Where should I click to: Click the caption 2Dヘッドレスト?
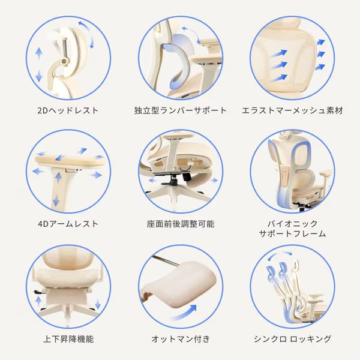pyautogui.click(x=68, y=110)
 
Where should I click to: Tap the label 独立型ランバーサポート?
pyautogui.click(x=181, y=110)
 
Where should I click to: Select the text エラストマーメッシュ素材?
pyautogui.click(x=292, y=110)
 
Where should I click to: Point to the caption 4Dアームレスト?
pyautogui.click(x=68, y=224)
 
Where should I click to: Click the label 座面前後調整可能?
pyautogui.click(x=181, y=224)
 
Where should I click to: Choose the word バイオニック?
pyautogui.click(x=293, y=223)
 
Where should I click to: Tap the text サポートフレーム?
pyautogui.click(x=293, y=233)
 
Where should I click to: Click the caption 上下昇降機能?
pyautogui.click(x=68, y=339)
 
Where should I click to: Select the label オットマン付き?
pyautogui.click(x=181, y=339)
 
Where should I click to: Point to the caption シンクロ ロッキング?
pyautogui.click(x=293, y=339)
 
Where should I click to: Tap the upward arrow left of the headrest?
pyautogui.click(x=39, y=54)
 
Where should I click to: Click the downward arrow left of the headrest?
pyautogui.click(x=39, y=76)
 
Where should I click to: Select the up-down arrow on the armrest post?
pyautogui.click(x=57, y=188)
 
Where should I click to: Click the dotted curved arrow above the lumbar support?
pyautogui.click(x=192, y=32)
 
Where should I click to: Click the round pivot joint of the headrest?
pyautogui.click(x=64, y=61)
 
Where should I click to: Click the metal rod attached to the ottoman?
pyautogui.click(x=166, y=260)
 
